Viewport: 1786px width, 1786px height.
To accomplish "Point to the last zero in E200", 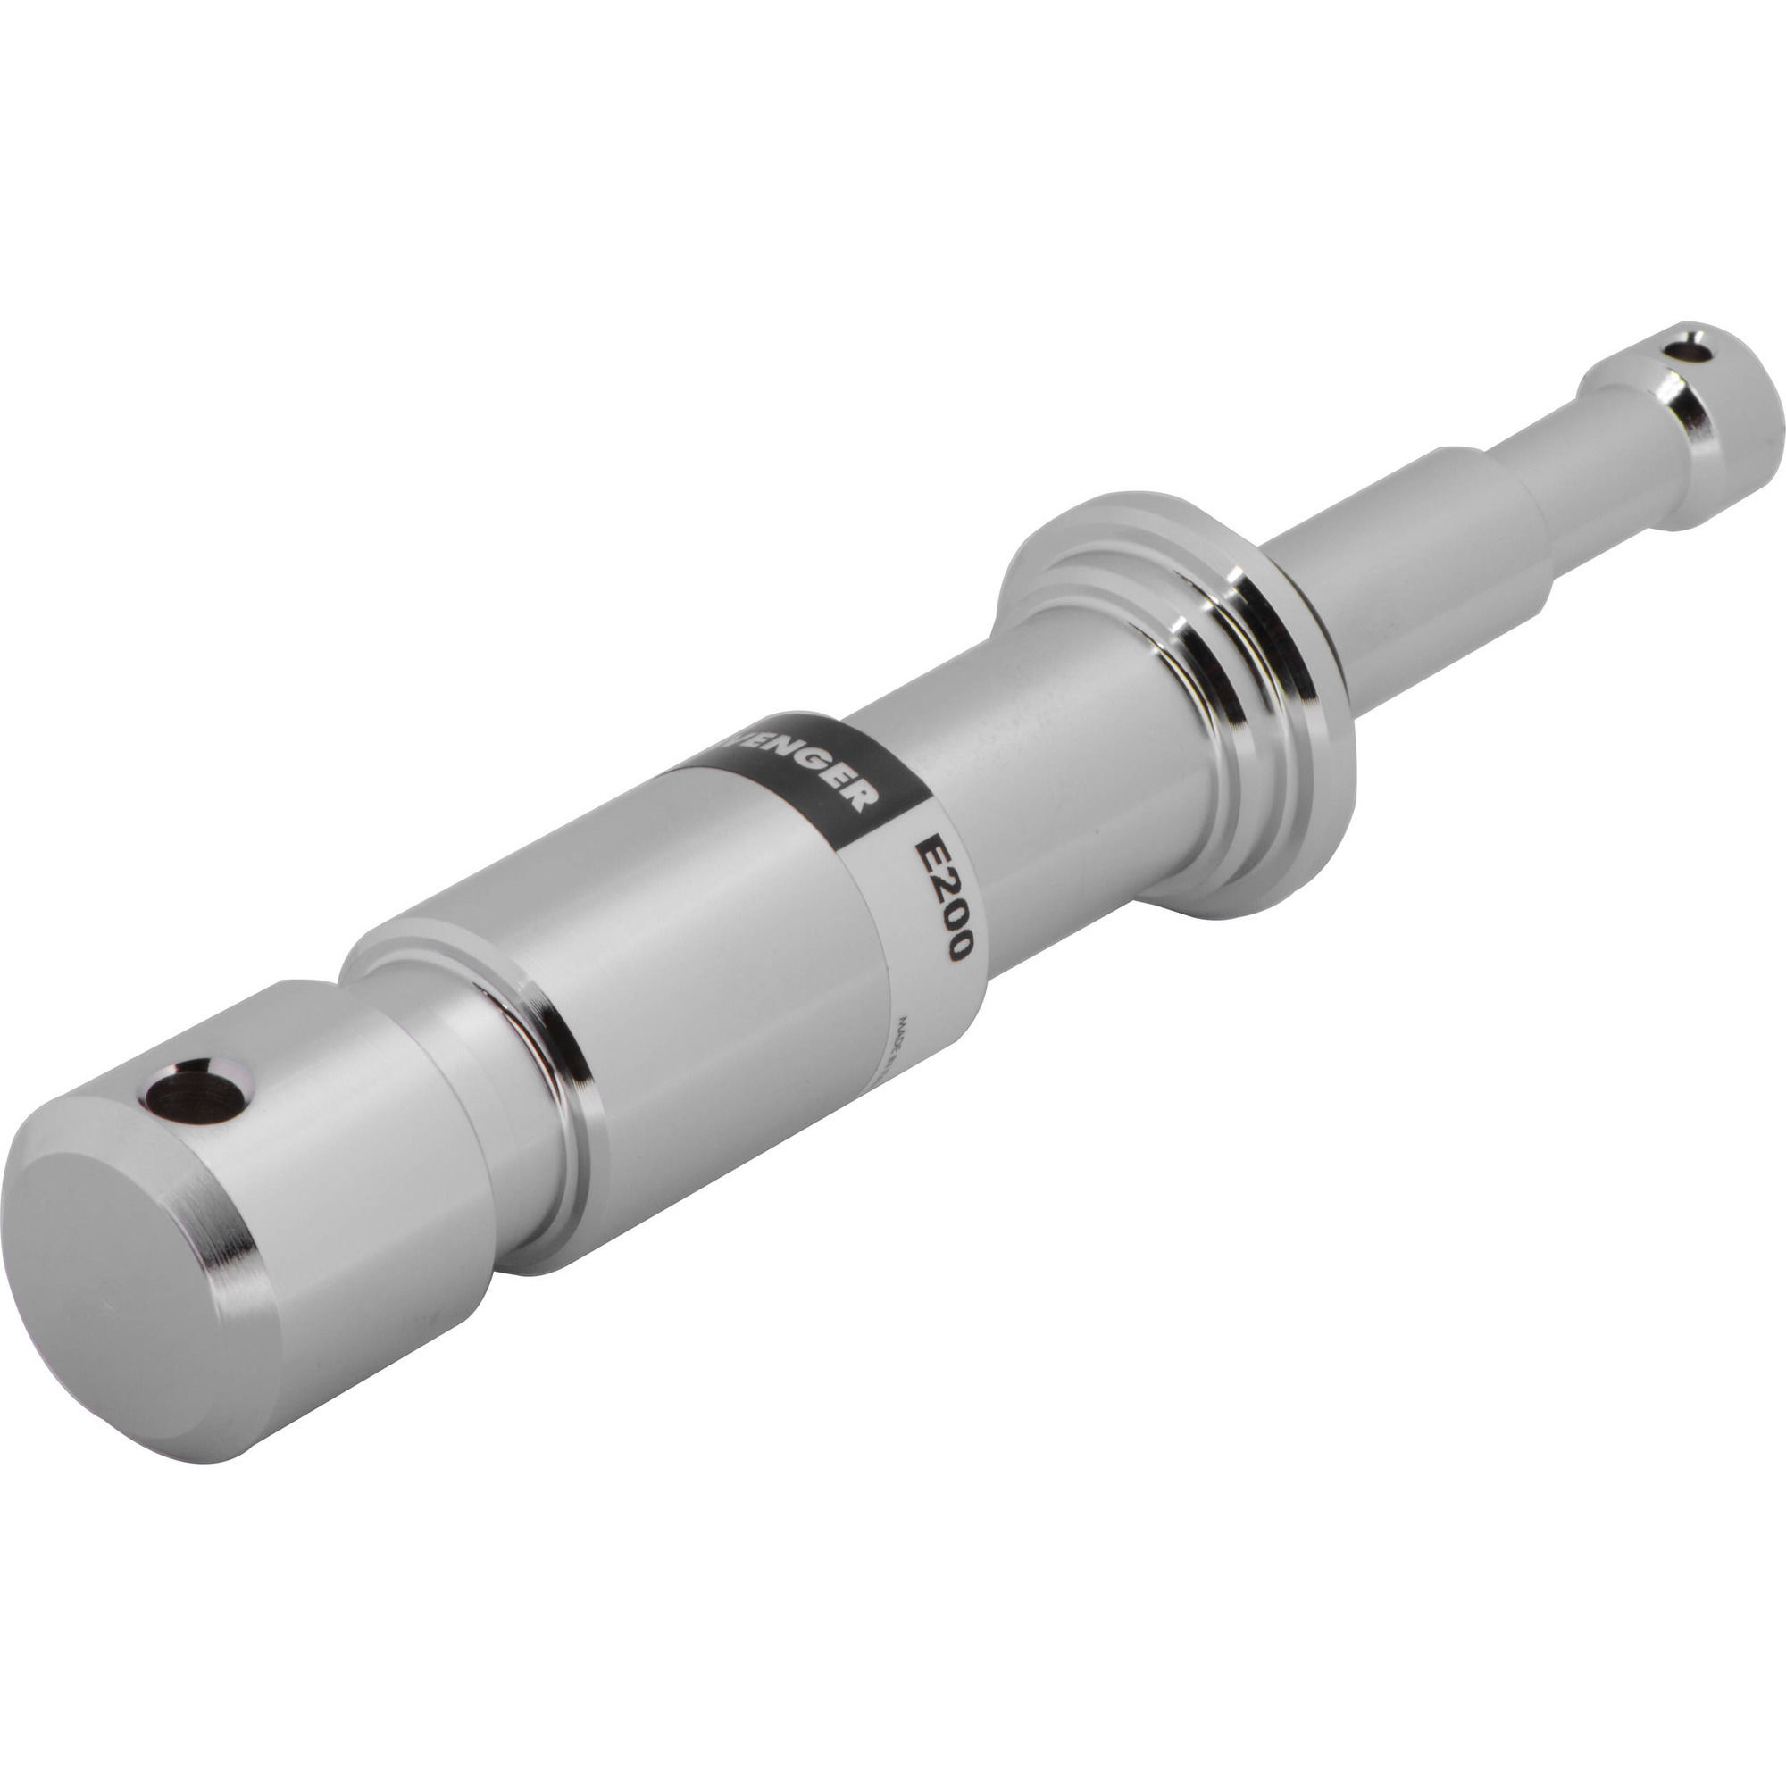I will coord(957,945).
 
